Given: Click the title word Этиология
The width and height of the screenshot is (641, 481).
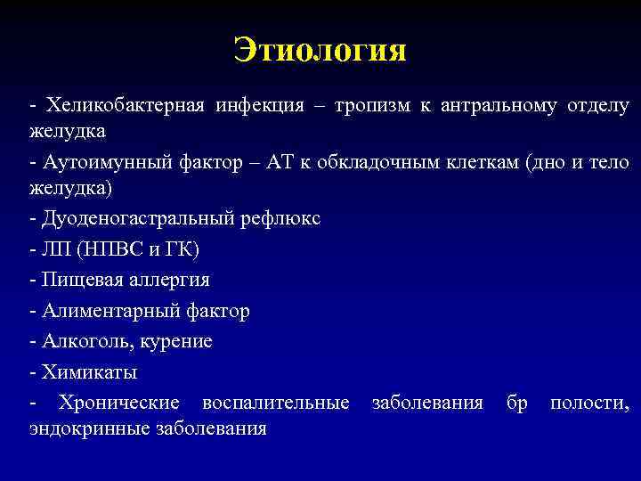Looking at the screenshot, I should pyautogui.click(x=320, y=50).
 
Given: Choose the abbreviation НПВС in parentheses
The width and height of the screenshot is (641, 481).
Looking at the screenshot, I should pyautogui.click(x=110, y=250).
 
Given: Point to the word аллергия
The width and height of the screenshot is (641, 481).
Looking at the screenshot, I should pyautogui.click(x=166, y=280).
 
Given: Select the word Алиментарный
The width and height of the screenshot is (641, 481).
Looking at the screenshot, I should pyautogui.click(x=99, y=311).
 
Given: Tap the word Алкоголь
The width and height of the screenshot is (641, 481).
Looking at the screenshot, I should pyautogui.click(x=80, y=341).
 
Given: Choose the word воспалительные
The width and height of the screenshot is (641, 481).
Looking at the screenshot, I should pyautogui.click(x=276, y=403).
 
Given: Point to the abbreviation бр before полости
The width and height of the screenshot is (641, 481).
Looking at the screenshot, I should pyautogui.click(x=516, y=403).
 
